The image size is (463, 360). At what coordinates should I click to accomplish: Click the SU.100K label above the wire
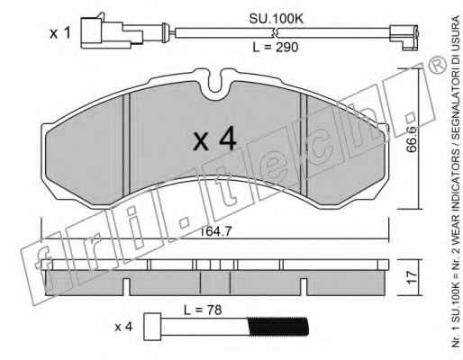(276, 19)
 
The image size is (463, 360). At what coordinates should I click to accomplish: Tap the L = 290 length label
(276, 47)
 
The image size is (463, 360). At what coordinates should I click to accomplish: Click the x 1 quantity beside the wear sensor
(60, 32)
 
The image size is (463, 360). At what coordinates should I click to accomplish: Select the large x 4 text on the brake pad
(215, 139)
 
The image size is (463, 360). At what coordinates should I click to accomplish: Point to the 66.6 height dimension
(412, 139)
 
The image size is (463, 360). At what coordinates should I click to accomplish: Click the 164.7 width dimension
(215, 231)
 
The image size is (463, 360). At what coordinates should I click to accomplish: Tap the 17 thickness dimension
(412, 277)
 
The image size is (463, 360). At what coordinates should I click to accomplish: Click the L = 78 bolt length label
(203, 310)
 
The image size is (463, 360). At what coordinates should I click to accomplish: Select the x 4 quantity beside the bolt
(123, 327)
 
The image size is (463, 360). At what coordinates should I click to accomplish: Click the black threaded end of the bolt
(278, 327)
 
